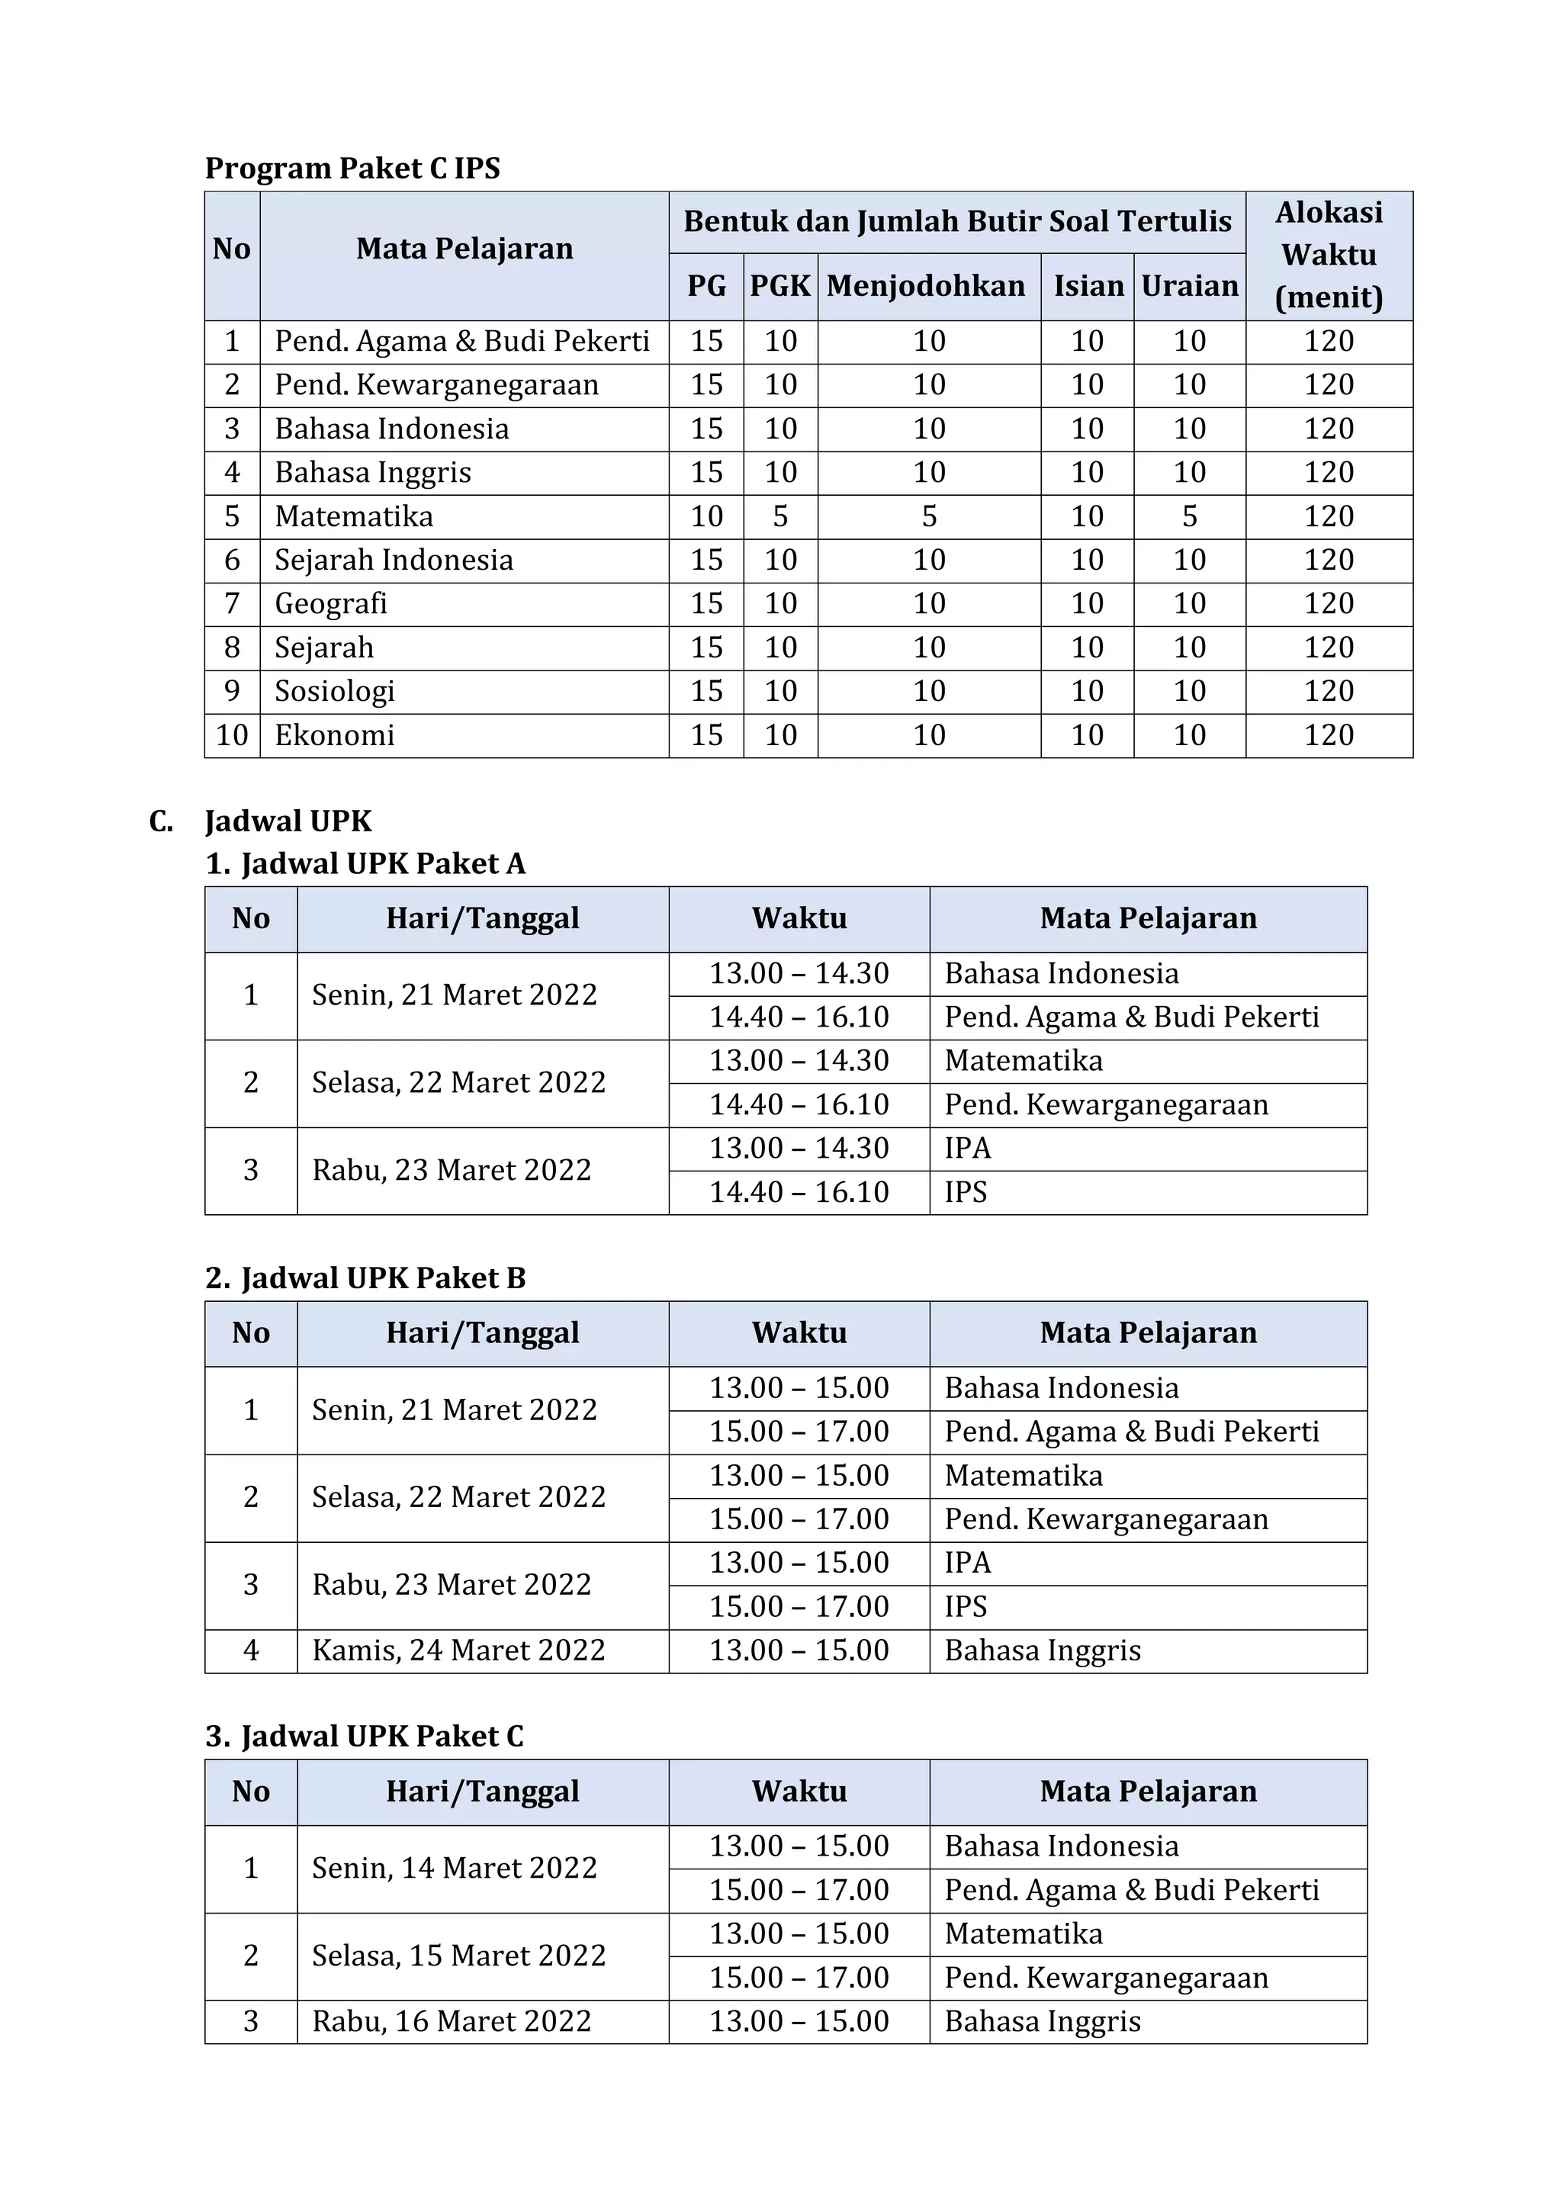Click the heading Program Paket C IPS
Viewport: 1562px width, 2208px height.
point(352,169)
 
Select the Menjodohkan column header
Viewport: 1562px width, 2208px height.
point(925,285)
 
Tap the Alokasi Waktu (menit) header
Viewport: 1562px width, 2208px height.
point(1329,255)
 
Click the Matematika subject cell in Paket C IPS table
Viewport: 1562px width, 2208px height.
point(354,516)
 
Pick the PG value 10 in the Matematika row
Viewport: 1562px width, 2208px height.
point(706,516)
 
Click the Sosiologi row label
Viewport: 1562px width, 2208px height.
point(335,692)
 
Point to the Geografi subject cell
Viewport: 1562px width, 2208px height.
point(331,604)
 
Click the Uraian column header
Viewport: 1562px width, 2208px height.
point(1189,285)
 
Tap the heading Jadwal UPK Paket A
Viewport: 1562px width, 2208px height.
point(382,863)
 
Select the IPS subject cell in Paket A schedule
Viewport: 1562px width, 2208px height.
point(966,1193)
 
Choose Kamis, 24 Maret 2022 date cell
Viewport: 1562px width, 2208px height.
point(459,1650)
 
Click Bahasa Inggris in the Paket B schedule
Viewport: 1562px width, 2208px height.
point(1043,1650)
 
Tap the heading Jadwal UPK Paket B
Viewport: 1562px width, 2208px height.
point(382,1278)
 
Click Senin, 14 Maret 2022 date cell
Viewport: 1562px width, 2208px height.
point(454,1868)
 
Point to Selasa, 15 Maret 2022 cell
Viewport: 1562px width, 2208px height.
point(459,1955)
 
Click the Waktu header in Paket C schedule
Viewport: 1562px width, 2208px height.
point(799,1792)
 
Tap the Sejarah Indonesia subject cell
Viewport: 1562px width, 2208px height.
point(394,561)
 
